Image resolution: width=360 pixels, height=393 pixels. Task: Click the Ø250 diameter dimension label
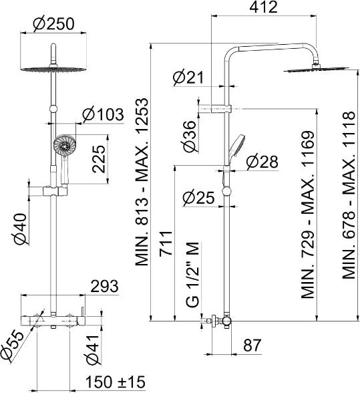(x=54, y=24)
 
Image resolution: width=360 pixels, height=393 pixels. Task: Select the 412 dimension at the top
(x=264, y=7)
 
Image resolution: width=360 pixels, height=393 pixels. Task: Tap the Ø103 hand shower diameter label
(x=104, y=114)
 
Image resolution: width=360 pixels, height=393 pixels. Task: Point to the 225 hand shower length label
(x=99, y=159)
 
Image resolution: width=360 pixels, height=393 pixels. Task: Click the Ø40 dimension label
(x=20, y=229)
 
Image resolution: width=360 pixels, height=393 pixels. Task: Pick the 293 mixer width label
(x=104, y=286)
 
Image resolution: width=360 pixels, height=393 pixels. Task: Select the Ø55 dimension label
(x=12, y=346)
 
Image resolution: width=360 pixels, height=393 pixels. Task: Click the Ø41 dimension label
(x=93, y=350)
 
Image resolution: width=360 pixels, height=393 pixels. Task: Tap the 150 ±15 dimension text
(x=116, y=382)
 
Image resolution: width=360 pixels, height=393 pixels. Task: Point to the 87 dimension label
(x=252, y=345)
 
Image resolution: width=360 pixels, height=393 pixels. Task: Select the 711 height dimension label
(x=166, y=243)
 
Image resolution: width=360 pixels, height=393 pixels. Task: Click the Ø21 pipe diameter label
(x=188, y=78)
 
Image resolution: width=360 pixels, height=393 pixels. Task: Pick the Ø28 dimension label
(x=262, y=162)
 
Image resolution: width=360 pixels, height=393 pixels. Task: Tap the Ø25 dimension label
(x=198, y=198)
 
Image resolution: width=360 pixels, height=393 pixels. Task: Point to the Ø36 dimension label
(x=190, y=136)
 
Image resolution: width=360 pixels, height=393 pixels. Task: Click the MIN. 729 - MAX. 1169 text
(x=308, y=215)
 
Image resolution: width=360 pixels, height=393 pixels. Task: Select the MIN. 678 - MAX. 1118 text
(x=349, y=195)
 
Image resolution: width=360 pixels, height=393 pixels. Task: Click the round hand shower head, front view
(x=64, y=145)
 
